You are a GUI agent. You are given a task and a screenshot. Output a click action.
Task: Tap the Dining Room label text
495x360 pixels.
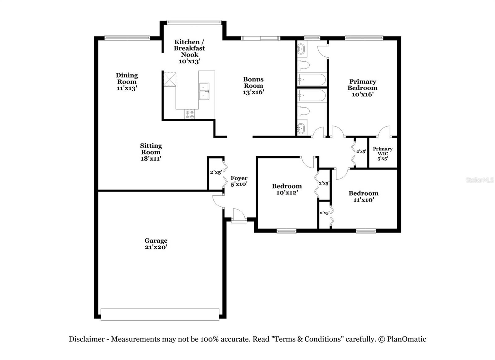coord(127,78)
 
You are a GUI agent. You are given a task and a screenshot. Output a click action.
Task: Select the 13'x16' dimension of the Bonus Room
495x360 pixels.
coord(253,92)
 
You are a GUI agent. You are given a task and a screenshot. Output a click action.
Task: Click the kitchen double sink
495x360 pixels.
coord(204,91)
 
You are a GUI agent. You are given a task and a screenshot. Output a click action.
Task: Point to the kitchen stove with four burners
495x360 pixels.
coord(190,115)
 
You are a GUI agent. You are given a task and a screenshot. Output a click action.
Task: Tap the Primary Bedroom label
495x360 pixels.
coord(362,85)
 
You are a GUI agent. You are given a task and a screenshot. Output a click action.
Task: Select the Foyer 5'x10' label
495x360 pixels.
coord(239,181)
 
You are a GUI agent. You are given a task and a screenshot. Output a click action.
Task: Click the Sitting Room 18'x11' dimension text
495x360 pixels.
coord(151,158)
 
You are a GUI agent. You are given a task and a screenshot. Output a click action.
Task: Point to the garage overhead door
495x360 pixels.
coord(160,314)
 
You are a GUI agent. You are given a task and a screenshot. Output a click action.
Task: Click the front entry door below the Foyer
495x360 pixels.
coord(239,216)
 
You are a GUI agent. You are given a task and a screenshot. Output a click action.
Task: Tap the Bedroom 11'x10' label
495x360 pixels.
coord(364,196)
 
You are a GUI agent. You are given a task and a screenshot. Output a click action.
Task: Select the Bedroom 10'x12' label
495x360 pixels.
coord(287,189)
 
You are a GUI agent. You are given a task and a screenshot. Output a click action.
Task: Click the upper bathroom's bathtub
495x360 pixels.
coord(312,80)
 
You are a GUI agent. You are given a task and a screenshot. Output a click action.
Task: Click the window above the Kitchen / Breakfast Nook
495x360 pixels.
coord(194,22)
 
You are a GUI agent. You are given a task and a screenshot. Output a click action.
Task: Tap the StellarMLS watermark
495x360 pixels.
coord(480,180)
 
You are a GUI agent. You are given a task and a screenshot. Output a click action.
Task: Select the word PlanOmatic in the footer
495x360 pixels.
coord(407,339)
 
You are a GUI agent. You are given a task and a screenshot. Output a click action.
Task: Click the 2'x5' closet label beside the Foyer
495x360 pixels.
coord(216,172)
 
